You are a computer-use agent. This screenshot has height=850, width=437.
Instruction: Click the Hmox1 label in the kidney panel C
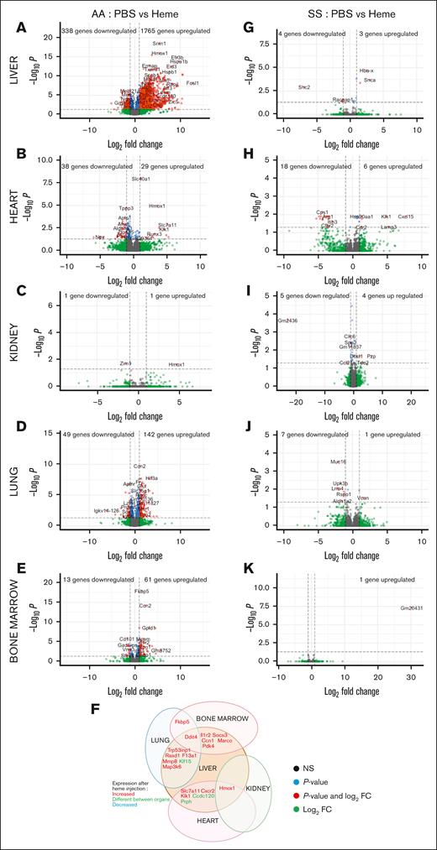[176, 364]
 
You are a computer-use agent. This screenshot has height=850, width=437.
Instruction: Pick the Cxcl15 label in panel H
[406, 216]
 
